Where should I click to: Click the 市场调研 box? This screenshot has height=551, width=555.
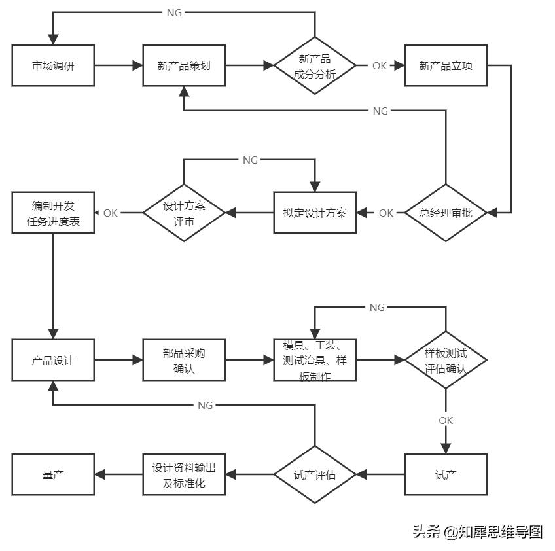point(53,65)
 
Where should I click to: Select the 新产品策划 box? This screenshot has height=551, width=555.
point(184,65)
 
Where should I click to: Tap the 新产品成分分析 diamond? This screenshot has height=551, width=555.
point(315,65)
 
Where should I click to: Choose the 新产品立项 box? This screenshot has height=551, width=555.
point(446,65)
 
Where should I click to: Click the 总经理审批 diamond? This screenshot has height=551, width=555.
point(446,213)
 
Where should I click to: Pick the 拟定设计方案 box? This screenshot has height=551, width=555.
point(315,213)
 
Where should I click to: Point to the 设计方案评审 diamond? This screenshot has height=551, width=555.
point(184,213)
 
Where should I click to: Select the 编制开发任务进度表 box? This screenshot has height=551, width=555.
point(53,213)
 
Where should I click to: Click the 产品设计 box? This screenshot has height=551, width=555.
point(53,360)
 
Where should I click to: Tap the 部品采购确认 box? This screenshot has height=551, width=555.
point(184,360)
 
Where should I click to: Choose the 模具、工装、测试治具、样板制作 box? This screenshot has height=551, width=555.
point(315,360)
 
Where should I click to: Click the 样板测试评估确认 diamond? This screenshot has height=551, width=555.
point(446,360)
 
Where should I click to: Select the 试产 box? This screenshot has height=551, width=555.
point(446,474)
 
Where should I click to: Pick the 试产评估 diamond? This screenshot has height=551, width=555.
point(315,474)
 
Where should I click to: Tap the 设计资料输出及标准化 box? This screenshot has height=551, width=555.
point(184,474)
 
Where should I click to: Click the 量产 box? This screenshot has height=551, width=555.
point(53,474)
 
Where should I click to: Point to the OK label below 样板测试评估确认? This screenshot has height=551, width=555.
point(446,420)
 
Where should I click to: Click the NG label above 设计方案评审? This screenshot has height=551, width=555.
point(250,160)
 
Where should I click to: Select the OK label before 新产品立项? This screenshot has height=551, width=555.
point(380,65)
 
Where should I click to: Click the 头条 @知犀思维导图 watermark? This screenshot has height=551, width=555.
point(478,531)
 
